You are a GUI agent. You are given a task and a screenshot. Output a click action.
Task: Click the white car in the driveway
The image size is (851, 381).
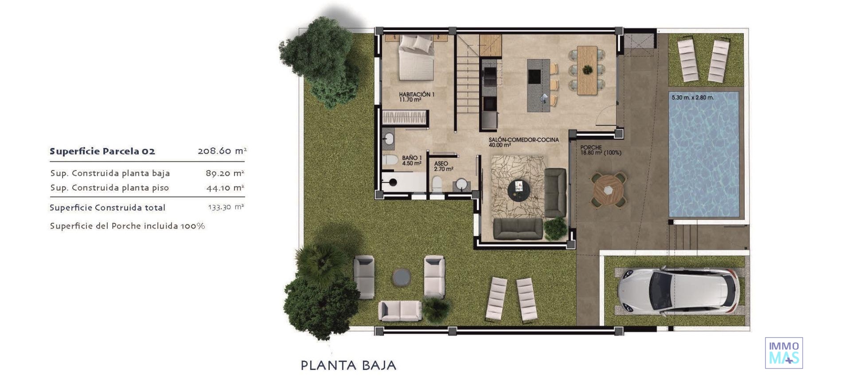[678, 291]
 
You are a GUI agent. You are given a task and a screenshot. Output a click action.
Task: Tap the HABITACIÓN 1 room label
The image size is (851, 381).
[416, 97]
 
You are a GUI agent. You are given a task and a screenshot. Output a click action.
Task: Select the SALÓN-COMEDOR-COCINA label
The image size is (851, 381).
[523, 142]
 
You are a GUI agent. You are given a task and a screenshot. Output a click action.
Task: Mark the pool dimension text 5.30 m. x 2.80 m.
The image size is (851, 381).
[692, 97]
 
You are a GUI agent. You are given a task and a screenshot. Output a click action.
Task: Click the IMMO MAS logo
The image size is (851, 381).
[784, 353]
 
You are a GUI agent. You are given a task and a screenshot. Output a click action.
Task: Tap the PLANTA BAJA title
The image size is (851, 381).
[348, 365]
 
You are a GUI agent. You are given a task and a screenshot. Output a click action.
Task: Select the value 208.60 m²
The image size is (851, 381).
[222, 151]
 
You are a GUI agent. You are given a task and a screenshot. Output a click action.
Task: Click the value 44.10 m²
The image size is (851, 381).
[225, 188]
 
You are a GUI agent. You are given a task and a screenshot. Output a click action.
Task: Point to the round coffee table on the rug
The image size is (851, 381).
[519, 191]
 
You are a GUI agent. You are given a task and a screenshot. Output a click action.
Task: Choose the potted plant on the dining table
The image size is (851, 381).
[587, 69]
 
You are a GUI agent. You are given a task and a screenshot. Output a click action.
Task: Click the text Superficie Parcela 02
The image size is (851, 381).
[102, 152]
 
